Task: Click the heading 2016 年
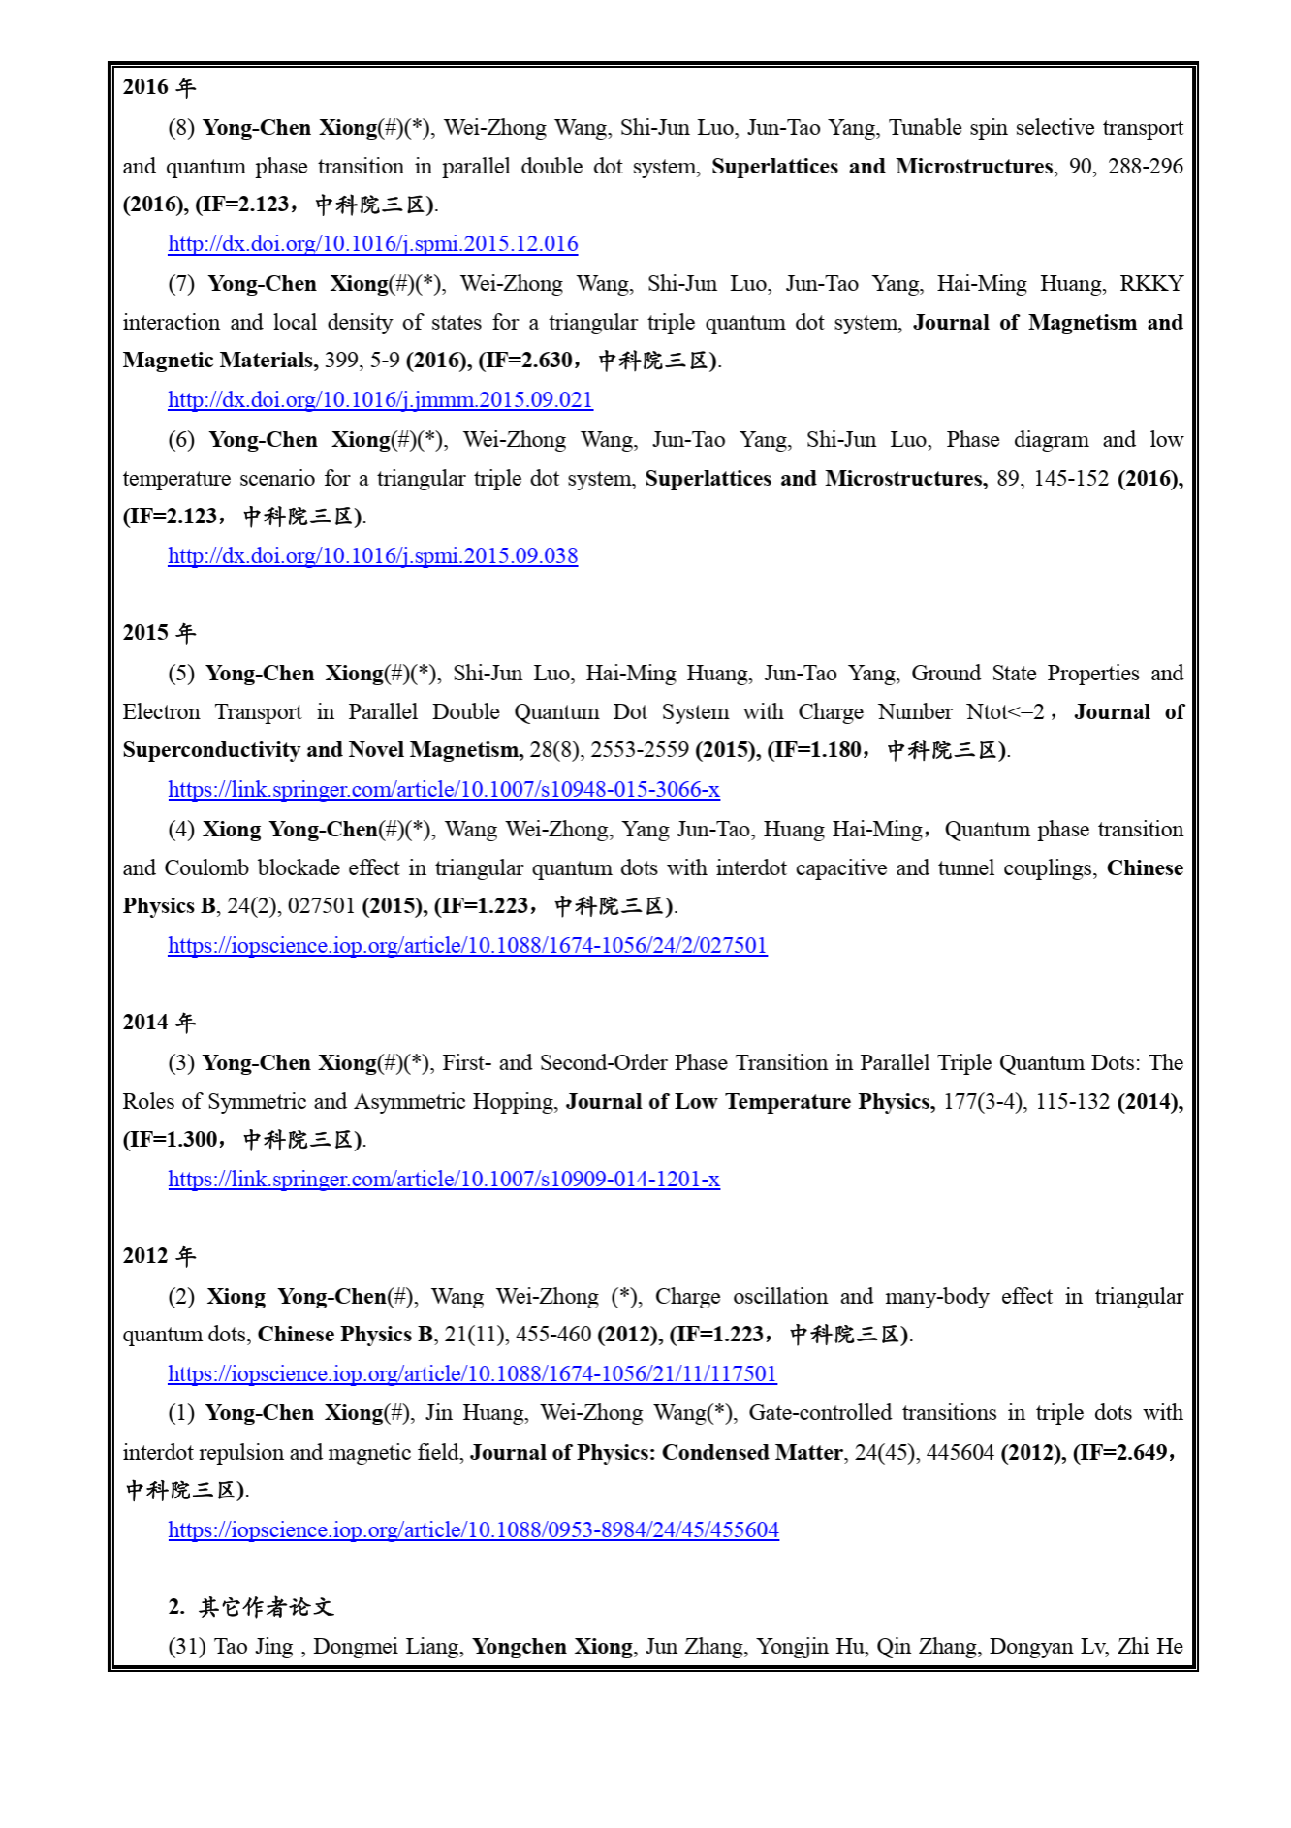point(159,87)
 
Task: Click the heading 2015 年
point(159,633)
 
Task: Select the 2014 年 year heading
point(159,1023)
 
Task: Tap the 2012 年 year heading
point(159,1256)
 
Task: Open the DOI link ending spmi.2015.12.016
point(372,244)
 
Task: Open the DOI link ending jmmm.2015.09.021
point(380,400)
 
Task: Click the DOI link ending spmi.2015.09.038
point(372,556)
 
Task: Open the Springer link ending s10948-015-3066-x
point(444,790)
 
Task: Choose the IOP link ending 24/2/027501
point(467,946)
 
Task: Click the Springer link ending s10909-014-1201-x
point(444,1180)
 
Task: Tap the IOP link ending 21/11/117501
point(472,1374)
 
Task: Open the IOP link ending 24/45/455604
point(473,1530)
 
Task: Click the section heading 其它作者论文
point(266,1608)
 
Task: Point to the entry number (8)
point(181,128)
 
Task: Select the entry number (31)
point(187,1647)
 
